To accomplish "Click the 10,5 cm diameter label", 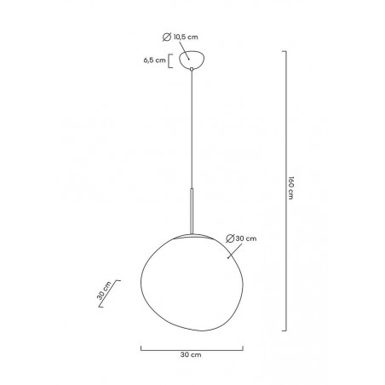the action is tap(186, 37).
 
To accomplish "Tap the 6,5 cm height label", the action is tap(154, 60).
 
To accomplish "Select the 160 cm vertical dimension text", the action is tap(290, 188).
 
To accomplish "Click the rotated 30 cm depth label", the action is tap(104, 290).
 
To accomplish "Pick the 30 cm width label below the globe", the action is tap(191, 354).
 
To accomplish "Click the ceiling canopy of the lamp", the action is tap(192, 60).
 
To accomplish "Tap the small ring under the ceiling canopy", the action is tap(192, 69).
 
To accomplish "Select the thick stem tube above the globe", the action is tap(192, 210).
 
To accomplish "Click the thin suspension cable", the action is tap(192, 129).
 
